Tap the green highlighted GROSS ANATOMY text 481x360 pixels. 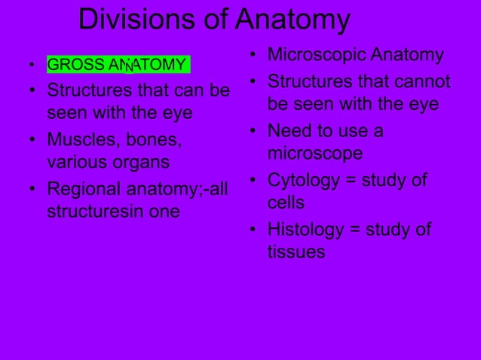point(118,65)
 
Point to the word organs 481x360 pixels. point(141,162)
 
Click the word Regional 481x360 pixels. point(85,189)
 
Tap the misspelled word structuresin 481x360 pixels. point(95,212)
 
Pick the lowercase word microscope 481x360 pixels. point(314,154)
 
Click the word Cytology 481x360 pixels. point(303,181)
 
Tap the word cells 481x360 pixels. point(286,203)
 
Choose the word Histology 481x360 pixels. point(305,230)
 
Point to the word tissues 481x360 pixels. point(296,252)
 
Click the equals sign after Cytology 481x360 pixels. point(352,181)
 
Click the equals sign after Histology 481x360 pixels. point(356,230)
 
